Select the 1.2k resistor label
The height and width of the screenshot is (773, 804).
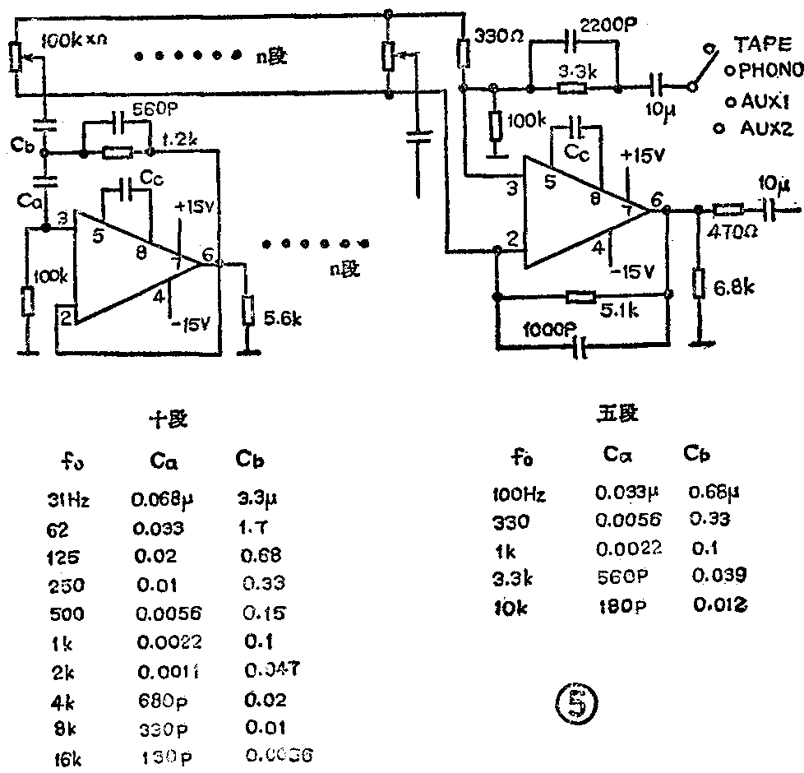click(x=181, y=141)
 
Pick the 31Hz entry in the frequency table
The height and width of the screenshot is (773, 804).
click(x=67, y=499)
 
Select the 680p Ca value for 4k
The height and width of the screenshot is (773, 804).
click(x=154, y=701)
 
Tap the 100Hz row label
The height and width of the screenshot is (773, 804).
click(x=519, y=495)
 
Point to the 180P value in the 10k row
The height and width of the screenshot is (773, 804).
click(x=619, y=606)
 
